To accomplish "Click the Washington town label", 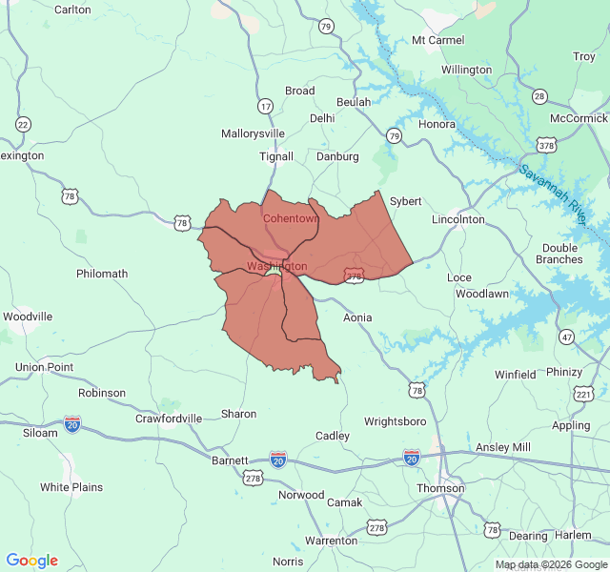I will click(x=276, y=266).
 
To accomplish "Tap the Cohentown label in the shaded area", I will click(x=290, y=218).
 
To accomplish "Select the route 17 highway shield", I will click(x=265, y=106).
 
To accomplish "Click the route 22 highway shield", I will click(x=23, y=124).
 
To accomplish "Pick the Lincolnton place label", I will click(x=458, y=219).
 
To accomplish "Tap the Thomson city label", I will click(x=440, y=488).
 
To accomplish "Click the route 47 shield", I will click(x=567, y=337).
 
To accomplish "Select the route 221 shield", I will click(x=584, y=394).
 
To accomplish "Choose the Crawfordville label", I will click(x=168, y=419).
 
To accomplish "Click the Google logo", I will click(x=31, y=561).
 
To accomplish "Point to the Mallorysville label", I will click(x=253, y=133).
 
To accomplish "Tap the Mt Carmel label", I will click(x=437, y=40).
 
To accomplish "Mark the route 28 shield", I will click(x=540, y=96).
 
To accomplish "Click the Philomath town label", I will click(x=102, y=274).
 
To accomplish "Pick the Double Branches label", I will click(x=560, y=254).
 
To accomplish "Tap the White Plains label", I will click(x=71, y=487).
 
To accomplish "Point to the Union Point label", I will click(x=44, y=367).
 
